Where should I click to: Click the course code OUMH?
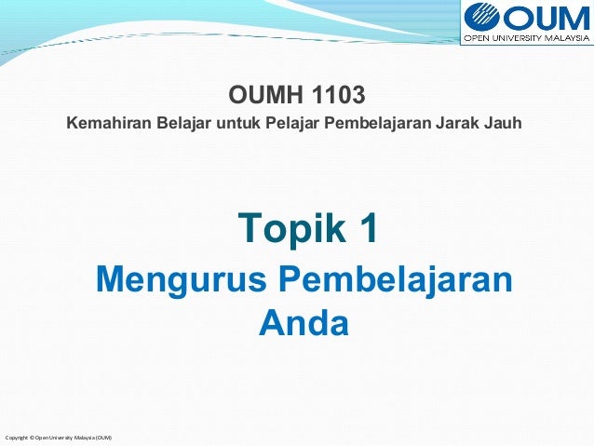(265, 95)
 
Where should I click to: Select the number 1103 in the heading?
(337, 95)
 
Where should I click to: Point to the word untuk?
(236, 124)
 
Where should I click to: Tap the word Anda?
(303, 323)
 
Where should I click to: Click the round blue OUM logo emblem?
(483, 19)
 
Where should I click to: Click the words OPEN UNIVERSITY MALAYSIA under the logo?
(527, 39)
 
